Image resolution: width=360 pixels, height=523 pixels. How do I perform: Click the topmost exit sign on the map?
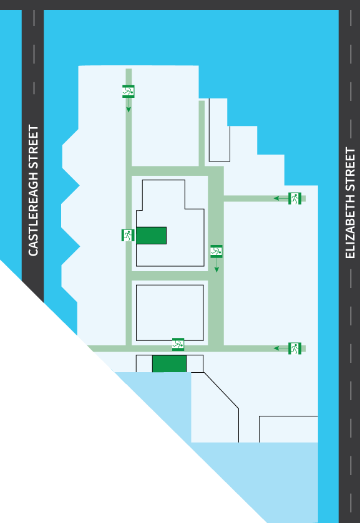[129, 91]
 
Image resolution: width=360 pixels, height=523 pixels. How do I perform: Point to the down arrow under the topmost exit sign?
[129, 105]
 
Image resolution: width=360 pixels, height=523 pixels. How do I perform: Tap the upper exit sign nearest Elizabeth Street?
[295, 198]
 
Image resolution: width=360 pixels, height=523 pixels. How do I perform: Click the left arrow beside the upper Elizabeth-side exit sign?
[281, 198]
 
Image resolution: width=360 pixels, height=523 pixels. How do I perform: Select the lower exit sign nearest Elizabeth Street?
[295, 348]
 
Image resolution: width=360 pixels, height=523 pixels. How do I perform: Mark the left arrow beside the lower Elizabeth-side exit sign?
[281, 348]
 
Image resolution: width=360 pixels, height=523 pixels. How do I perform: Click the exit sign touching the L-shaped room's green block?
[128, 235]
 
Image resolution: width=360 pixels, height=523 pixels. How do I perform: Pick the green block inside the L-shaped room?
[151, 236]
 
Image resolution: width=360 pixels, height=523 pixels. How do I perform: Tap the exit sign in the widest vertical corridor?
[216, 251]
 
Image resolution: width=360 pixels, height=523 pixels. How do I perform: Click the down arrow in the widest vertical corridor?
[216, 265]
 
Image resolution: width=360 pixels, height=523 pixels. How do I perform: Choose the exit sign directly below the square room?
[178, 344]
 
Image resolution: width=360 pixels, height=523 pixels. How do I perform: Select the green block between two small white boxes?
[169, 363]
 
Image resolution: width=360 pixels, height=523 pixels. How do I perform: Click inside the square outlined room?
[170, 313]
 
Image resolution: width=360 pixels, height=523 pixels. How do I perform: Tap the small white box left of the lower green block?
[144, 363]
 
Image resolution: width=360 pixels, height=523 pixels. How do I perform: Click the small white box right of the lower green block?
[195, 363]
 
